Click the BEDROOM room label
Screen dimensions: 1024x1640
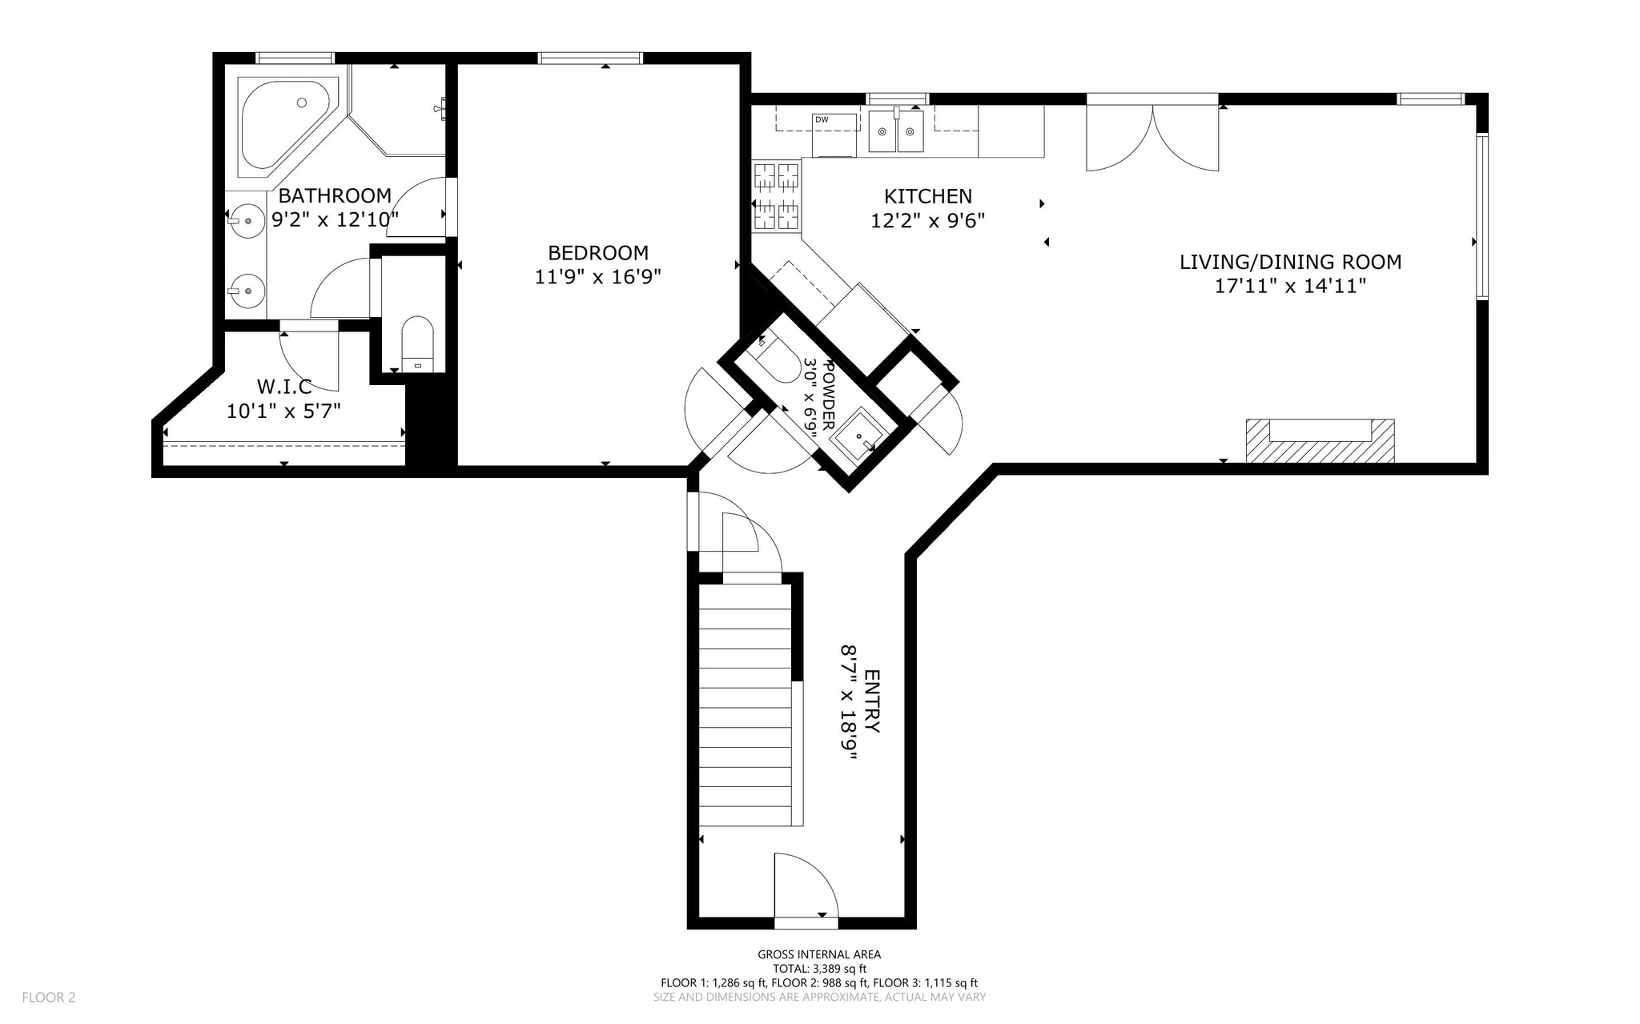pos(597,253)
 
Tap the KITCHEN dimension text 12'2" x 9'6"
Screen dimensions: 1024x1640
pos(927,220)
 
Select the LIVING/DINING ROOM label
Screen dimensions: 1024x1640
pos(1290,262)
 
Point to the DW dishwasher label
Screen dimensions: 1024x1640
pos(822,120)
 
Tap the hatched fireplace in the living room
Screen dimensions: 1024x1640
pos(1319,441)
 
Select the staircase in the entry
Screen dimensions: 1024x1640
pos(746,705)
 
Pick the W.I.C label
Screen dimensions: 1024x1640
pos(284,387)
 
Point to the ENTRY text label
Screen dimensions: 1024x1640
pos(872,701)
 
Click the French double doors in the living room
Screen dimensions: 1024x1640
pos(1152,136)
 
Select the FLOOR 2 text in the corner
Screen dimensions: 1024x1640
pos(49,997)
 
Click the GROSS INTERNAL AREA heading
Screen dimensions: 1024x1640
pos(819,954)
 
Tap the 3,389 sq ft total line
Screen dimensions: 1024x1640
pos(819,969)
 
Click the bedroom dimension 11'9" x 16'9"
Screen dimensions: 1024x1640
pos(597,277)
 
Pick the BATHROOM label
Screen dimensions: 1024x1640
pos(335,195)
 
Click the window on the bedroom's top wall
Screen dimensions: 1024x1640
pos(590,58)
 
